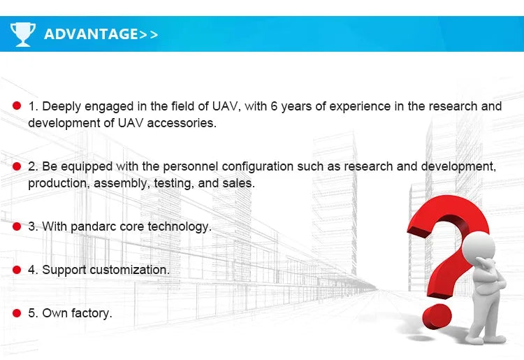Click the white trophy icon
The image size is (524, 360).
point(23,34)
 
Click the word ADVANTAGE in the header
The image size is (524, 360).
point(91,34)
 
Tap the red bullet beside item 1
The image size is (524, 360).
point(17,106)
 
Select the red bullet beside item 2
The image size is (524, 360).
point(17,166)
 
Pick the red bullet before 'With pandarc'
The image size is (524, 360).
point(17,226)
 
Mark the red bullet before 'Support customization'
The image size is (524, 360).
point(17,270)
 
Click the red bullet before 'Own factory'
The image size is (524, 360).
point(17,313)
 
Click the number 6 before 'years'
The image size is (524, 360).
point(274,106)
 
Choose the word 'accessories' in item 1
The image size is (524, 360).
point(182,123)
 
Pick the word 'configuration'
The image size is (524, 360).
point(257,166)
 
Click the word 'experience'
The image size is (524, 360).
point(360,106)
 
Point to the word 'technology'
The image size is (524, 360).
point(180,226)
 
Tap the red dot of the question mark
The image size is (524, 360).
point(437,316)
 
